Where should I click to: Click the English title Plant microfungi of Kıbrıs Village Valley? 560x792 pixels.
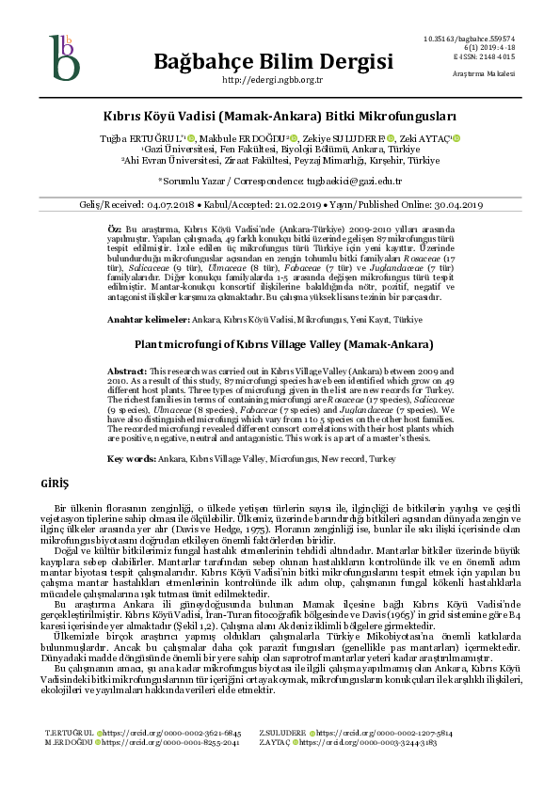pos(279,344)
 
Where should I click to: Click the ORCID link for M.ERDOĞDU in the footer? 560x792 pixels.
pos(168,768)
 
